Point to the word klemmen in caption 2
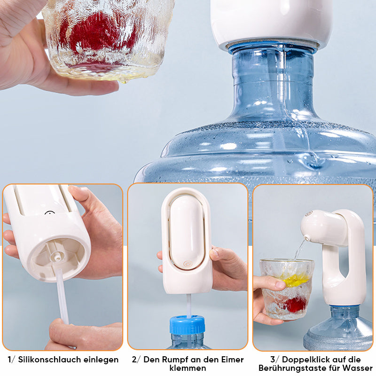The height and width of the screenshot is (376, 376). [188, 368]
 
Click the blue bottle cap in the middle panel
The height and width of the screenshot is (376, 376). [188, 325]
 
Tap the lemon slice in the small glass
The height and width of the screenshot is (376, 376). [295, 280]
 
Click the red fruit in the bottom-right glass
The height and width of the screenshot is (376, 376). [296, 305]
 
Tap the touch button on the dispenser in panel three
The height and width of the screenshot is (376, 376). [309, 213]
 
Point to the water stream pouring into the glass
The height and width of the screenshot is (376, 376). [299, 250]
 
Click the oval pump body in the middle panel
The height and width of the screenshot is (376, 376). [187, 232]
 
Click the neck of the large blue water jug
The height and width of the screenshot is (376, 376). [273, 80]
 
